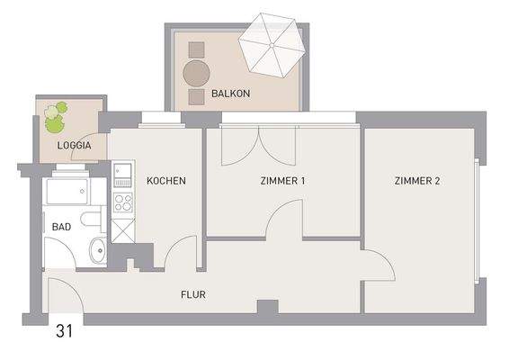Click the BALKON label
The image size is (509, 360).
tap(230, 93)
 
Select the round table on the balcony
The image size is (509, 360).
tap(196, 72)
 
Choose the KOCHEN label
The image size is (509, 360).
tap(165, 181)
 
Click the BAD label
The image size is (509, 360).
tap(60, 227)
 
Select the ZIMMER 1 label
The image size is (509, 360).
tap(282, 181)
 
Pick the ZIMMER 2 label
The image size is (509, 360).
tap(416, 181)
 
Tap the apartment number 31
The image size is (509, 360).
tap(64, 331)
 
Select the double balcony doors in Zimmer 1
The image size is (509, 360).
tap(259, 144)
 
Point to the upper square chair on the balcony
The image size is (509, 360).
tap(195, 49)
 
